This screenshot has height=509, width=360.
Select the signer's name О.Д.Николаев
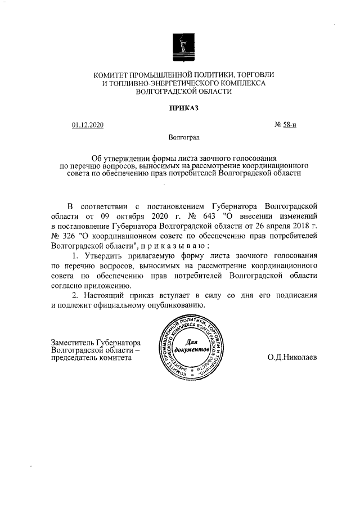coord(292,357)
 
